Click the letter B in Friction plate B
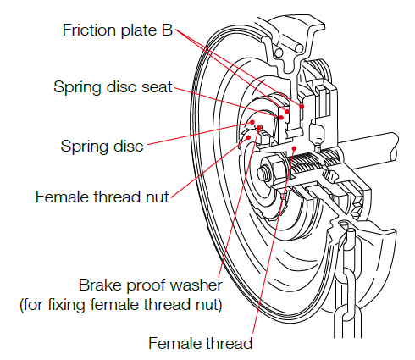coord(167,30)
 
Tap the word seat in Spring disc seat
coord(157,86)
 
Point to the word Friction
coord(89,30)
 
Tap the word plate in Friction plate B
coord(139,30)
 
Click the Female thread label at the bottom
coord(201,343)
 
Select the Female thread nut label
coord(102,197)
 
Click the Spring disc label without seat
coord(102,147)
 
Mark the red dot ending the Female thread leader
coord(294,148)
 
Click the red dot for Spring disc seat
coord(281,118)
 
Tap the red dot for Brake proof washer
coord(259,128)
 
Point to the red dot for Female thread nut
coord(248,137)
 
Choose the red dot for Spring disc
coord(252,122)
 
